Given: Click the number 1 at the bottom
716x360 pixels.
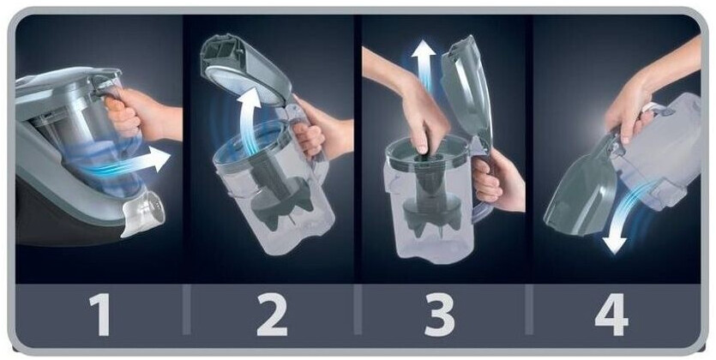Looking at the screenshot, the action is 100,315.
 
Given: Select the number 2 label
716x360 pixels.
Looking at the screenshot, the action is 272,315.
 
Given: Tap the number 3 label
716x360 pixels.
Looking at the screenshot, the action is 439,315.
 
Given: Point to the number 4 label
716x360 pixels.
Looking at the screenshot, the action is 611,315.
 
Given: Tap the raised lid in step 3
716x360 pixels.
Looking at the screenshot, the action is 466,91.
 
